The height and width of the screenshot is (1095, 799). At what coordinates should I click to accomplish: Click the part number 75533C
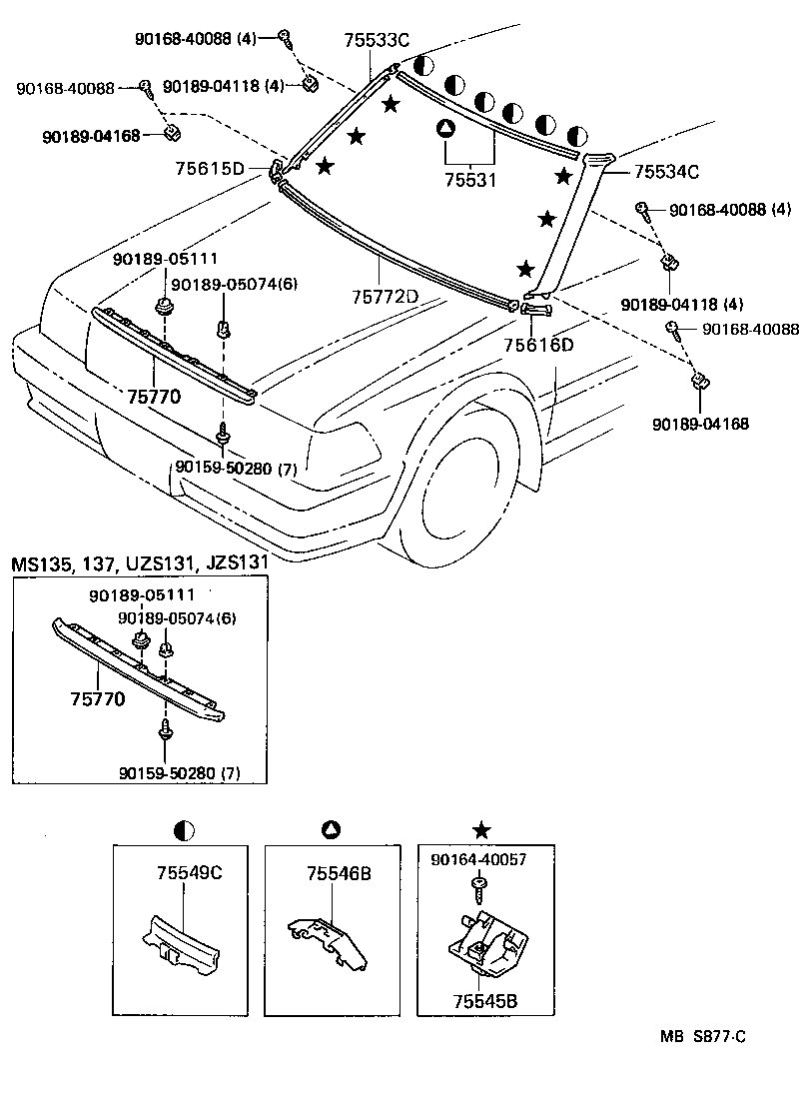pyautogui.click(x=377, y=41)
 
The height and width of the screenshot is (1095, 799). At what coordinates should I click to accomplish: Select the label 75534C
pyautogui.click(x=665, y=171)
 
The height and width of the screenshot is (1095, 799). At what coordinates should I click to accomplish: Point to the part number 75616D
pyautogui.click(x=538, y=345)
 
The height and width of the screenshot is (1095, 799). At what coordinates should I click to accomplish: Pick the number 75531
pyautogui.click(x=469, y=180)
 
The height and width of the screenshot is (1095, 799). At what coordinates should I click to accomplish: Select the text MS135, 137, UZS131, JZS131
pyautogui.click(x=140, y=563)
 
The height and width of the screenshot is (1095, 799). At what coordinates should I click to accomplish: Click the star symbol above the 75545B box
pyautogui.click(x=481, y=829)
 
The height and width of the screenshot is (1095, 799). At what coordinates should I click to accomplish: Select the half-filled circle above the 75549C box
pyautogui.click(x=184, y=829)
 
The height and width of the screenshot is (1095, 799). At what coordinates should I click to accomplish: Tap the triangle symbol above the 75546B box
pyautogui.click(x=332, y=829)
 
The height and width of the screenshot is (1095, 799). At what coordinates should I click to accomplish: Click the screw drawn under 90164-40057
pyautogui.click(x=481, y=883)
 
